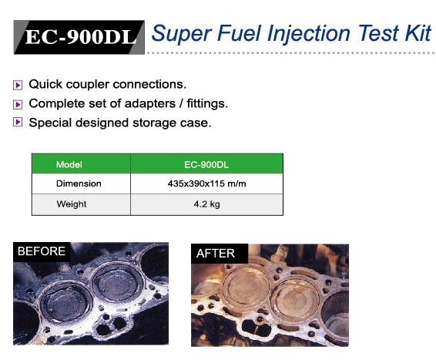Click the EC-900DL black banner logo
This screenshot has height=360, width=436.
click(79, 37)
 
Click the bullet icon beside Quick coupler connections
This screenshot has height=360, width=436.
click(18, 85)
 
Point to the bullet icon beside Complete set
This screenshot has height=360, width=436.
click(18, 104)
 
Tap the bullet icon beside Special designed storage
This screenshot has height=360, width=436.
click(18, 122)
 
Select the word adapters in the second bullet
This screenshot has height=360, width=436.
click(150, 104)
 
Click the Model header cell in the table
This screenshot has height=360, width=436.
click(69, 165)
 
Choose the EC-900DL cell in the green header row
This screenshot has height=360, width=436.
click(206, 165)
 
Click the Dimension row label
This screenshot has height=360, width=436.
click(79, 183)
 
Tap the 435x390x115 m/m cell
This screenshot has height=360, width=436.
click(207, 183)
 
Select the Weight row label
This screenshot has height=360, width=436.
click(72, 204)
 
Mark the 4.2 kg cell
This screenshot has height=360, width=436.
click(207, 204)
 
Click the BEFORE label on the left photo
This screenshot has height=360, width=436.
click(42, 251)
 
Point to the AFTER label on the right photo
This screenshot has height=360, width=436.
click(216, 254)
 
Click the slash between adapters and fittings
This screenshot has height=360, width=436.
click(181, 104)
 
